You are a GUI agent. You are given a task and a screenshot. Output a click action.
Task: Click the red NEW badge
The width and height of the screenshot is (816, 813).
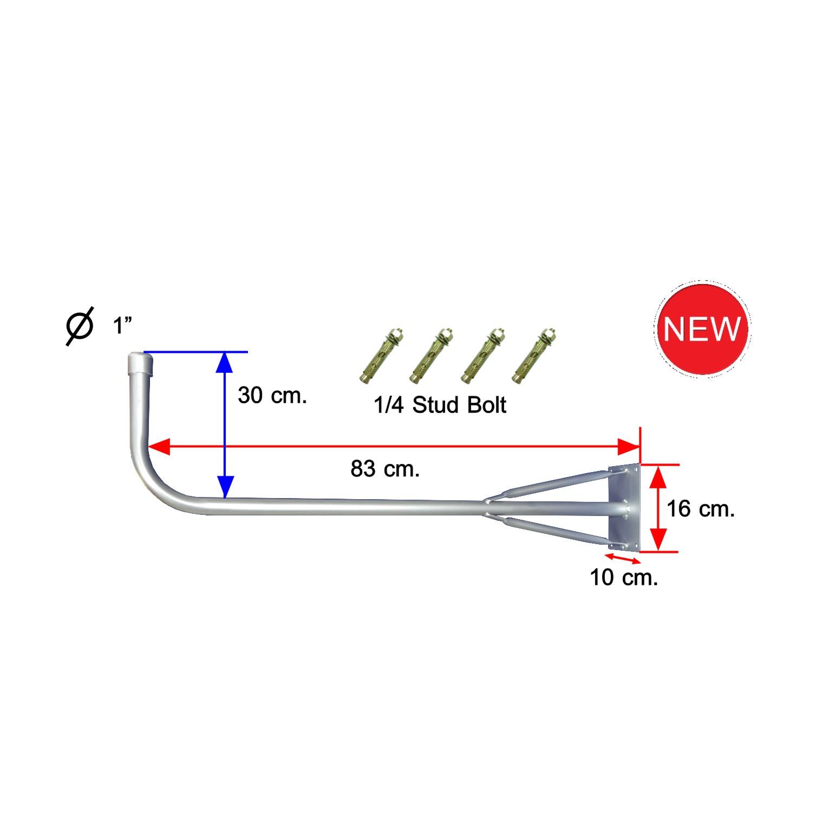click(702, 328)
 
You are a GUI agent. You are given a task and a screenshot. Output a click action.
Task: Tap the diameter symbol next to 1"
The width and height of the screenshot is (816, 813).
click(79, 326)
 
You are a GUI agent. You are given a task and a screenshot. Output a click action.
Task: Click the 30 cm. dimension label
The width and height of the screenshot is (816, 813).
click(272, 396)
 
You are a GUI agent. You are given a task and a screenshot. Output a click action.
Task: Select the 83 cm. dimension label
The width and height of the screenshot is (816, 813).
click(385, 469)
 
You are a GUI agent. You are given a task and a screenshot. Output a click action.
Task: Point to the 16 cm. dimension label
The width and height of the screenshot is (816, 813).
click(700, 509)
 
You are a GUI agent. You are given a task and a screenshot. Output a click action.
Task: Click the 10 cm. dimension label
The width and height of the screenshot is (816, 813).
click(624, 578)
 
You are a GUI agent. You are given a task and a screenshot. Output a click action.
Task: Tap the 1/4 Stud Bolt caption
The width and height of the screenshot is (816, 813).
click(440, 405)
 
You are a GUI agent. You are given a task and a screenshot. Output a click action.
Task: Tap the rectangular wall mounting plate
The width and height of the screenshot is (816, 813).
click(625, 507)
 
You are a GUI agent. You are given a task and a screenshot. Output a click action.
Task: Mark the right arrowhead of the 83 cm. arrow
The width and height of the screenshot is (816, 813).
click(628, 447)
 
